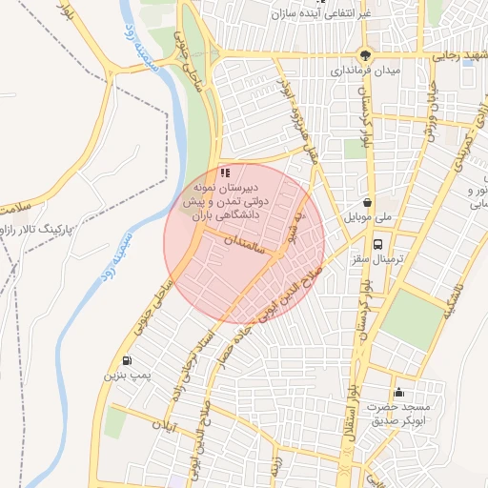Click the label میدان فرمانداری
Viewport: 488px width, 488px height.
367,71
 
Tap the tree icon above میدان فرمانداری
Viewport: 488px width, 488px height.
366,54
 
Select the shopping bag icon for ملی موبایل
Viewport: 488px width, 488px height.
368,202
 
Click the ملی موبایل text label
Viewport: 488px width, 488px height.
369,218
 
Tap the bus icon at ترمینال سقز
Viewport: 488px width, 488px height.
378,244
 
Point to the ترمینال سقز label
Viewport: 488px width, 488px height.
378,260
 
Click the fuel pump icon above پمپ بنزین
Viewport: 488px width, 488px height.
128,361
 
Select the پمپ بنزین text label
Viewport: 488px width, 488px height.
128,377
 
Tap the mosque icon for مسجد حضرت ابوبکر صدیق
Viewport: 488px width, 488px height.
398,393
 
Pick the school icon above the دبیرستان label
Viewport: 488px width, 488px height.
225,173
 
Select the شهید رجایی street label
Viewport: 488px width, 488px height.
460,56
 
